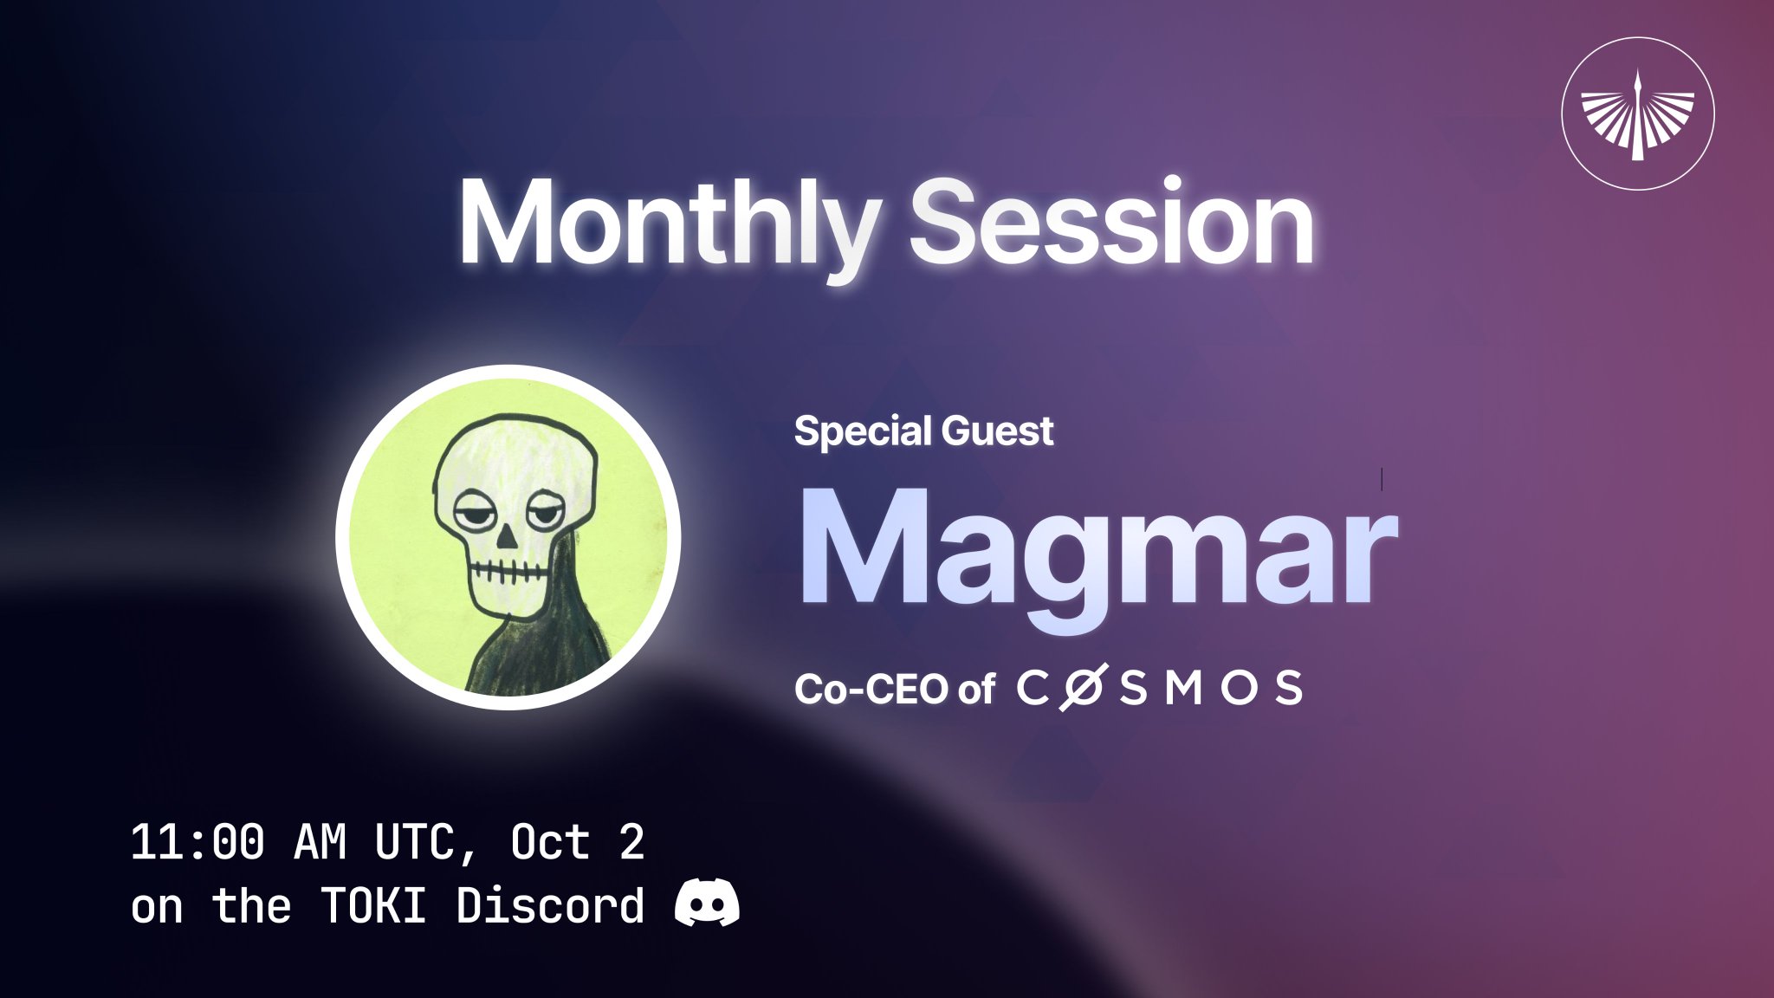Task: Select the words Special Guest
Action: (x=923, y=431)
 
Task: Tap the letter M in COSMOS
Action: (x=1183, y=689)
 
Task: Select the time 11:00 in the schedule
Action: (x=197, y=842)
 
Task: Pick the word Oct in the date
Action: (x=551, y=842)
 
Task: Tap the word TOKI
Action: (x=374, y=906)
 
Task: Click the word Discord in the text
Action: (x=551, y=905)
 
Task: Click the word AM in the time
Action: (x=320, y=842)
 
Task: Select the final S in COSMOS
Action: (x=1288, y=689)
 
